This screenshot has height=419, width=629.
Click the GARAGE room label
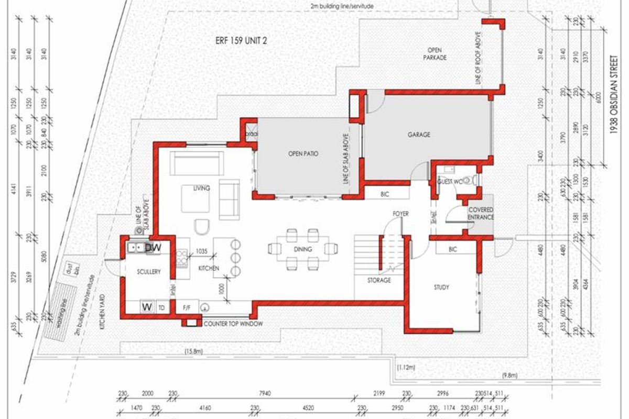[x=419, y=135]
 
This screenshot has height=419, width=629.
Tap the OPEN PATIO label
[x=303, y=154]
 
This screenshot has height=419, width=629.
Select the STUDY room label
[x=441, y=287]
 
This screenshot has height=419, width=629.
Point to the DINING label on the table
[x=303, y=249]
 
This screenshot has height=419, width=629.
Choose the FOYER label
[x=400, y=214]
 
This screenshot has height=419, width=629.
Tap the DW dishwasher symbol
[x=153, y=247]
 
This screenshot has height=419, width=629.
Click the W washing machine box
[x=147, y=307]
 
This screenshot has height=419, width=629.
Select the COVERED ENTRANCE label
[x=481, y=213]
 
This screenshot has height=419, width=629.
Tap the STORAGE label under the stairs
[x=378, y=280]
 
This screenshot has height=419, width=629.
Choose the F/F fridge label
[x=187, y=307]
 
